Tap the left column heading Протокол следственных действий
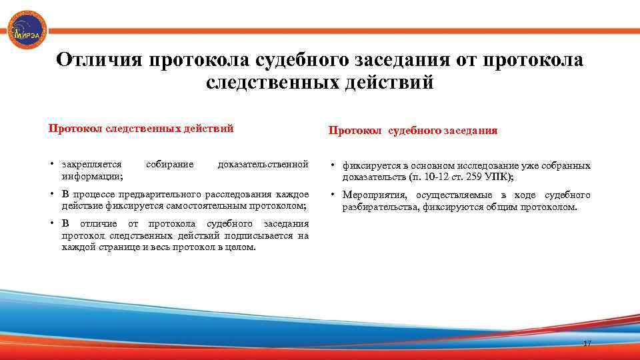click(x=141, y=129)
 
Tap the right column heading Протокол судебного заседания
click(x=413, y=131)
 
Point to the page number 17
click(x=587, y=343)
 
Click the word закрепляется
click(x=91, y=164)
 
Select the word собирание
click(x=169, y=164)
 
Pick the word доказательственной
click(x=263, y=164)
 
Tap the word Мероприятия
click(x=375, y=195)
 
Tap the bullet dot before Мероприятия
click(x=333, y=195)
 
